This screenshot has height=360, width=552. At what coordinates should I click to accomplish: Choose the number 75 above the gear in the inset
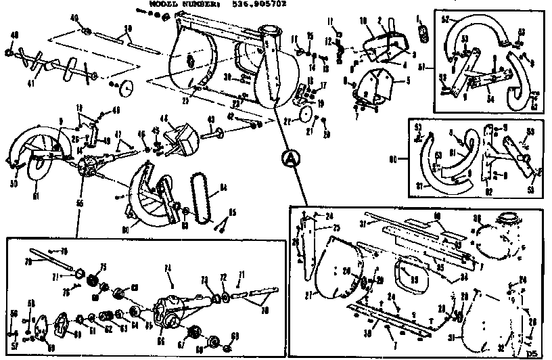(x=103, y=266)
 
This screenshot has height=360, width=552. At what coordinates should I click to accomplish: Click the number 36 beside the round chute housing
(x=477, y=218)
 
